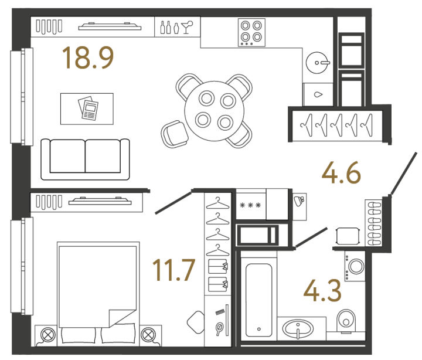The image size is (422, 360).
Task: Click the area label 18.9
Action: (x=88, y=57)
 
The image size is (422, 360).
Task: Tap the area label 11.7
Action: (x=173, y=270)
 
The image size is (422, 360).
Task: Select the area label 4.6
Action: (x=341, y=172)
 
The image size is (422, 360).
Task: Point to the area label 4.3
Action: (x=322, y=290)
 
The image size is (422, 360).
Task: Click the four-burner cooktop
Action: (x=251, y=32)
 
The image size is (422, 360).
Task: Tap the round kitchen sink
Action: (x=318, y=63)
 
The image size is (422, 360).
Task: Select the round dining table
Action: (x=215, y=111)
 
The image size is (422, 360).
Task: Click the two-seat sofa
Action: (x=85, y=159)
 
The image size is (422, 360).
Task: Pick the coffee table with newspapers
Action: (x=87, y=109)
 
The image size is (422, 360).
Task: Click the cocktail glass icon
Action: (x=187, y=27)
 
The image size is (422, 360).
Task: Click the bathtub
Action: (x=258, y=300)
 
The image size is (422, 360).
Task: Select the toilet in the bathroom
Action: (x=346, y=320)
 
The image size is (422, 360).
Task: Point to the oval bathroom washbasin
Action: (x=298, y=329)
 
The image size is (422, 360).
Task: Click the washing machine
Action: (x=355, y=266)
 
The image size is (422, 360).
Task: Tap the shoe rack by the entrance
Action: (x=373, y=223)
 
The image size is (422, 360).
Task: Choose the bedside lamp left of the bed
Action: (x=48, y=335)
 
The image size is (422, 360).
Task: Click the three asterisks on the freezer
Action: (x=250, y=205)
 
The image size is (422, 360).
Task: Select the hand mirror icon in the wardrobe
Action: (x=219, y=329)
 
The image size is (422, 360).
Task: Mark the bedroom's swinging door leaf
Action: (x=173, y=202)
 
